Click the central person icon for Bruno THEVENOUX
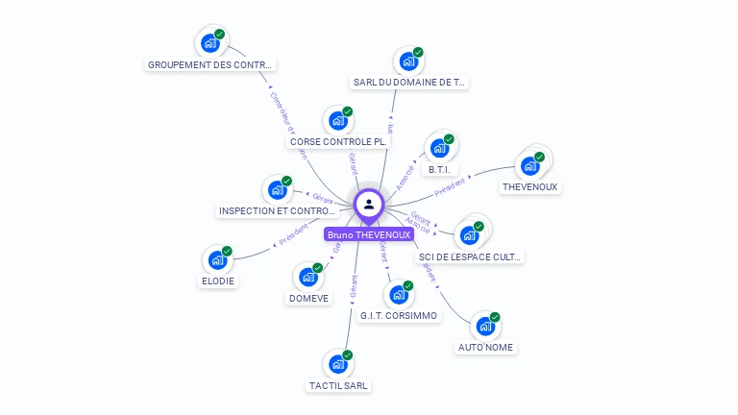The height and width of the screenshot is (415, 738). [369, 204]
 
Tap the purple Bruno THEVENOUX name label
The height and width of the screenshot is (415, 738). [369, 234]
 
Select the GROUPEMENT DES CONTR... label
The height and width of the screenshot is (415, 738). [210, 65]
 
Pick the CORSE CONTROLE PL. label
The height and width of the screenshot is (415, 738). [338, 141]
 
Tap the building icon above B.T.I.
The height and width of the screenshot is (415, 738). [439, 149]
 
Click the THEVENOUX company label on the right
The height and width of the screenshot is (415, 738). [529, 187]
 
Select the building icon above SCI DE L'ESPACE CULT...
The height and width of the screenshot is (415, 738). [469, 235]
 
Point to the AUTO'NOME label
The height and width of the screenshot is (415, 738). [485, 347]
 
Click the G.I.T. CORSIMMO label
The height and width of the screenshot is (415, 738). [399, 315]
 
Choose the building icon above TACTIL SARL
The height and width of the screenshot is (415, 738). [337, 365]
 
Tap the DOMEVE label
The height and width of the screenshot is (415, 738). [308, 298]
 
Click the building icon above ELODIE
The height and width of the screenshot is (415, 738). [218, 260]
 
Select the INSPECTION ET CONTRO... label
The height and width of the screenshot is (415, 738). [277, 210]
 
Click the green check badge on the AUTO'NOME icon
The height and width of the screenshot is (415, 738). [495, 317]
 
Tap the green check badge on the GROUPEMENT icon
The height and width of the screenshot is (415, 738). [220, 34]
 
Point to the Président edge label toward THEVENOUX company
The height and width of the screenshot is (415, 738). [449, 186]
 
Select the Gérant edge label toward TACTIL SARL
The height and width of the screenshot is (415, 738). [353, 287]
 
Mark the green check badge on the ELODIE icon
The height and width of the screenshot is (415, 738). [228, 250]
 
